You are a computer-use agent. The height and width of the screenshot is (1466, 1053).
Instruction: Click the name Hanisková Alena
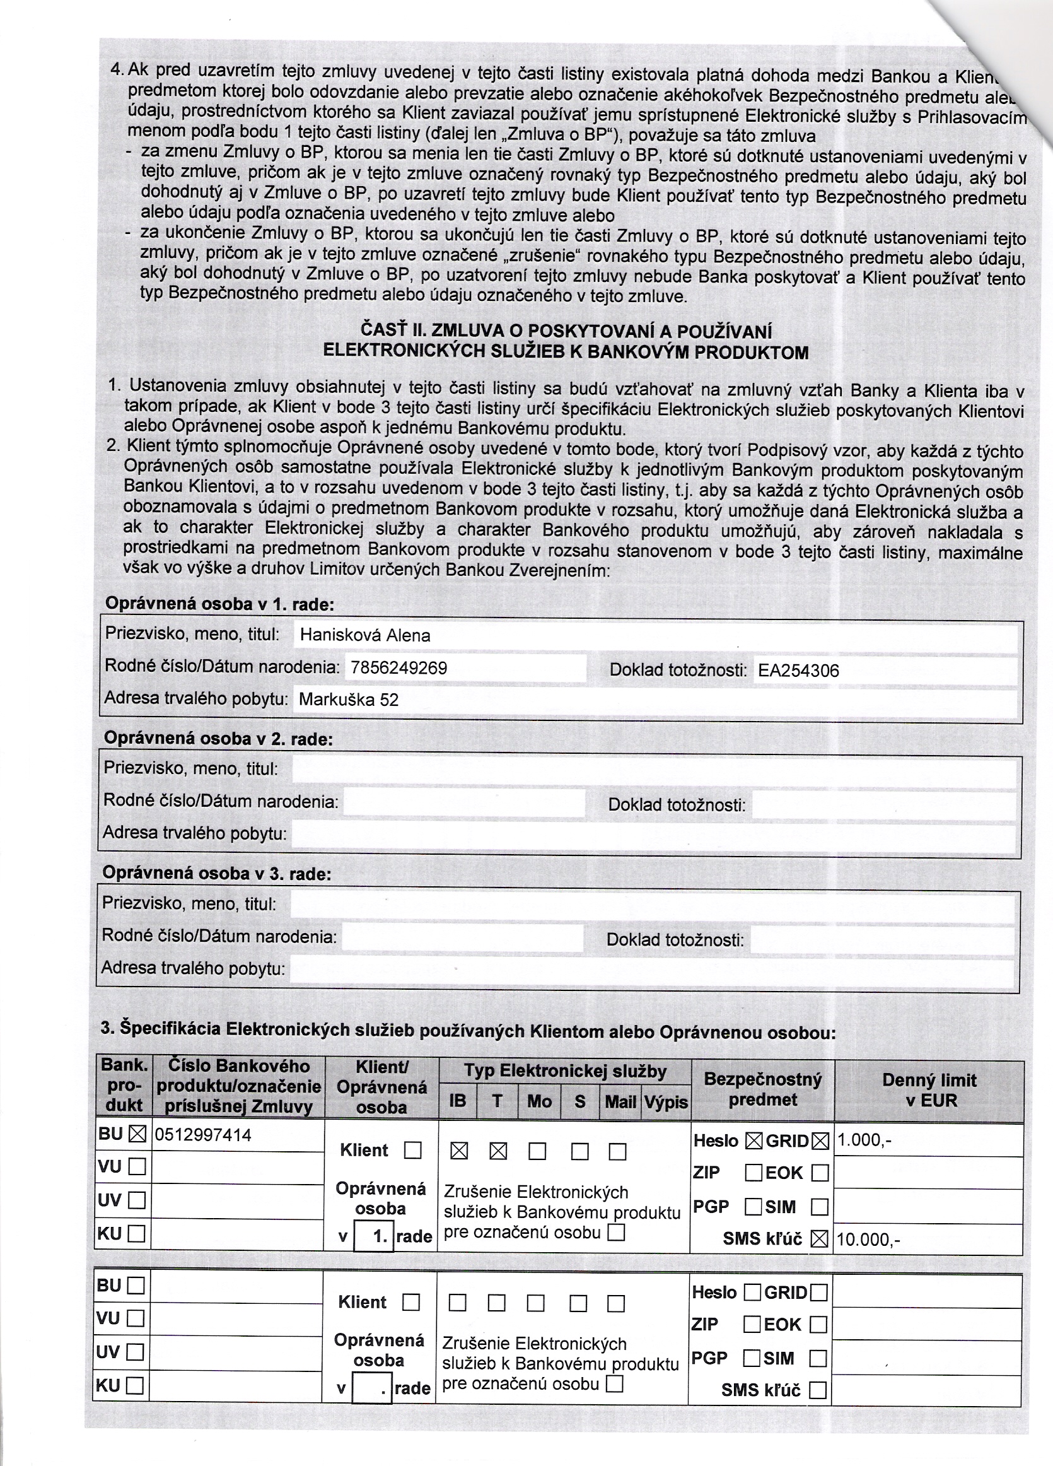point(365,635)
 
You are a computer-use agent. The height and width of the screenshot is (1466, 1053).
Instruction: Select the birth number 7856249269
point(399,668)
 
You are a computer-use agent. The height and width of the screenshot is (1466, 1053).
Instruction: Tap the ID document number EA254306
point(798,671)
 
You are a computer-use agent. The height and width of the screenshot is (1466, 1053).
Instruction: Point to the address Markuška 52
point(349,700)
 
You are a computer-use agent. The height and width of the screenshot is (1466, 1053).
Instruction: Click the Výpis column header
point(666,1101)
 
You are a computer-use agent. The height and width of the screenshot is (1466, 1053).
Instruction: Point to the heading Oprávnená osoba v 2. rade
point(218,738)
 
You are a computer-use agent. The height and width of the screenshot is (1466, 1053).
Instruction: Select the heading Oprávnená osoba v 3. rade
point(217,873)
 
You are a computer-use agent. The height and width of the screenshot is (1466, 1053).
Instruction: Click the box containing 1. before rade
point(375,1236)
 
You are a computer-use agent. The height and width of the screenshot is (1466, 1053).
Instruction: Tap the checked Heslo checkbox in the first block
point(753,1142)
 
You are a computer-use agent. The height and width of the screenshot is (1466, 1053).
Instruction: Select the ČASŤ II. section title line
point(565,332)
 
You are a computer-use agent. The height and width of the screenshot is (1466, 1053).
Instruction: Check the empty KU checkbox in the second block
point(136,1385)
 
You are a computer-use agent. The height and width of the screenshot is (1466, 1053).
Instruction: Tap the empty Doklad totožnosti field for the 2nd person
point(884,805)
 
